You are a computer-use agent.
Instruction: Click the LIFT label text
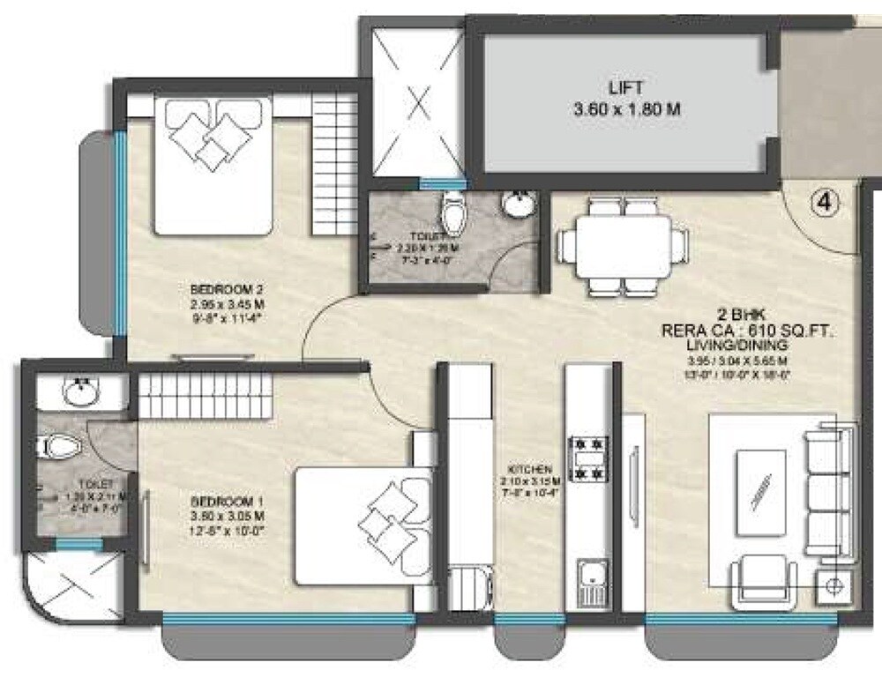click(x=625, y=88)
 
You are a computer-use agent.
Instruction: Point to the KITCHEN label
click(x=529, y=470)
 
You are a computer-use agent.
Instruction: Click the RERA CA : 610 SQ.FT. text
click(x=748, y=331)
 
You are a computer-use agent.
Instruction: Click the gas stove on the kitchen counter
click(x=588, y=458)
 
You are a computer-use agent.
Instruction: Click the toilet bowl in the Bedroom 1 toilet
click(x=59, y=447)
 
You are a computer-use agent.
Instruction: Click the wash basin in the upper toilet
click(x=518, y=205)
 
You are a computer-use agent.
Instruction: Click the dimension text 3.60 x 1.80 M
click(x=625, y=111)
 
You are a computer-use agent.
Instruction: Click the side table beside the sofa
click(x=835, y=584)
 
